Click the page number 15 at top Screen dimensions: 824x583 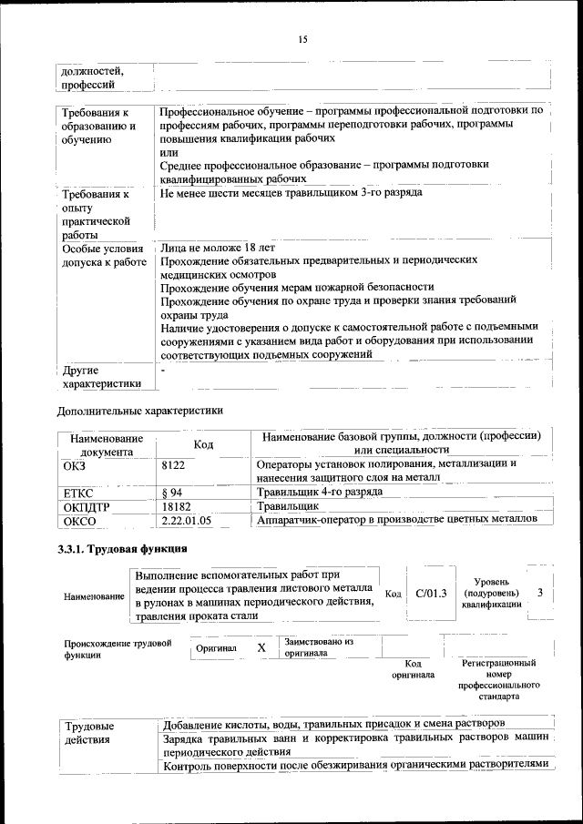(303, 39)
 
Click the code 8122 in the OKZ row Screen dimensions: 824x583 (173, 464)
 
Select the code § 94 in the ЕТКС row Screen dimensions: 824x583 (172, 492)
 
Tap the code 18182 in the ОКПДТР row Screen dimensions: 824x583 (176, 505)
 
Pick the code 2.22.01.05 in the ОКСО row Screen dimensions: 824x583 (186, 521)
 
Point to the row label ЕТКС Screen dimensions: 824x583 (77, 493)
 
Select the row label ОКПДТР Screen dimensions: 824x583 (86, 506)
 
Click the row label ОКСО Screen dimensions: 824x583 (79, 522)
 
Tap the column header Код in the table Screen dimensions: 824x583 (203, 443)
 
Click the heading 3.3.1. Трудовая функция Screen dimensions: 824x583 (123, 549)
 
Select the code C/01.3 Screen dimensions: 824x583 (431, 594)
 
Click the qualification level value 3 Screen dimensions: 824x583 (540, 593)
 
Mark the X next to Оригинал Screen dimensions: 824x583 (261, 647)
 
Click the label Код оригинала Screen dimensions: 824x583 (413, 669)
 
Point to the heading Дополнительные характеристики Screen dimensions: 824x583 (140, 411)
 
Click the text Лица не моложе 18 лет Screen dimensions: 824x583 (217, 248)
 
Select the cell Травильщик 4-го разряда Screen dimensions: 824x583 (319, 492)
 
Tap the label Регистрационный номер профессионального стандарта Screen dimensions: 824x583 (499, 679)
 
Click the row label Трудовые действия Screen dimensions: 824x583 (88, 733)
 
